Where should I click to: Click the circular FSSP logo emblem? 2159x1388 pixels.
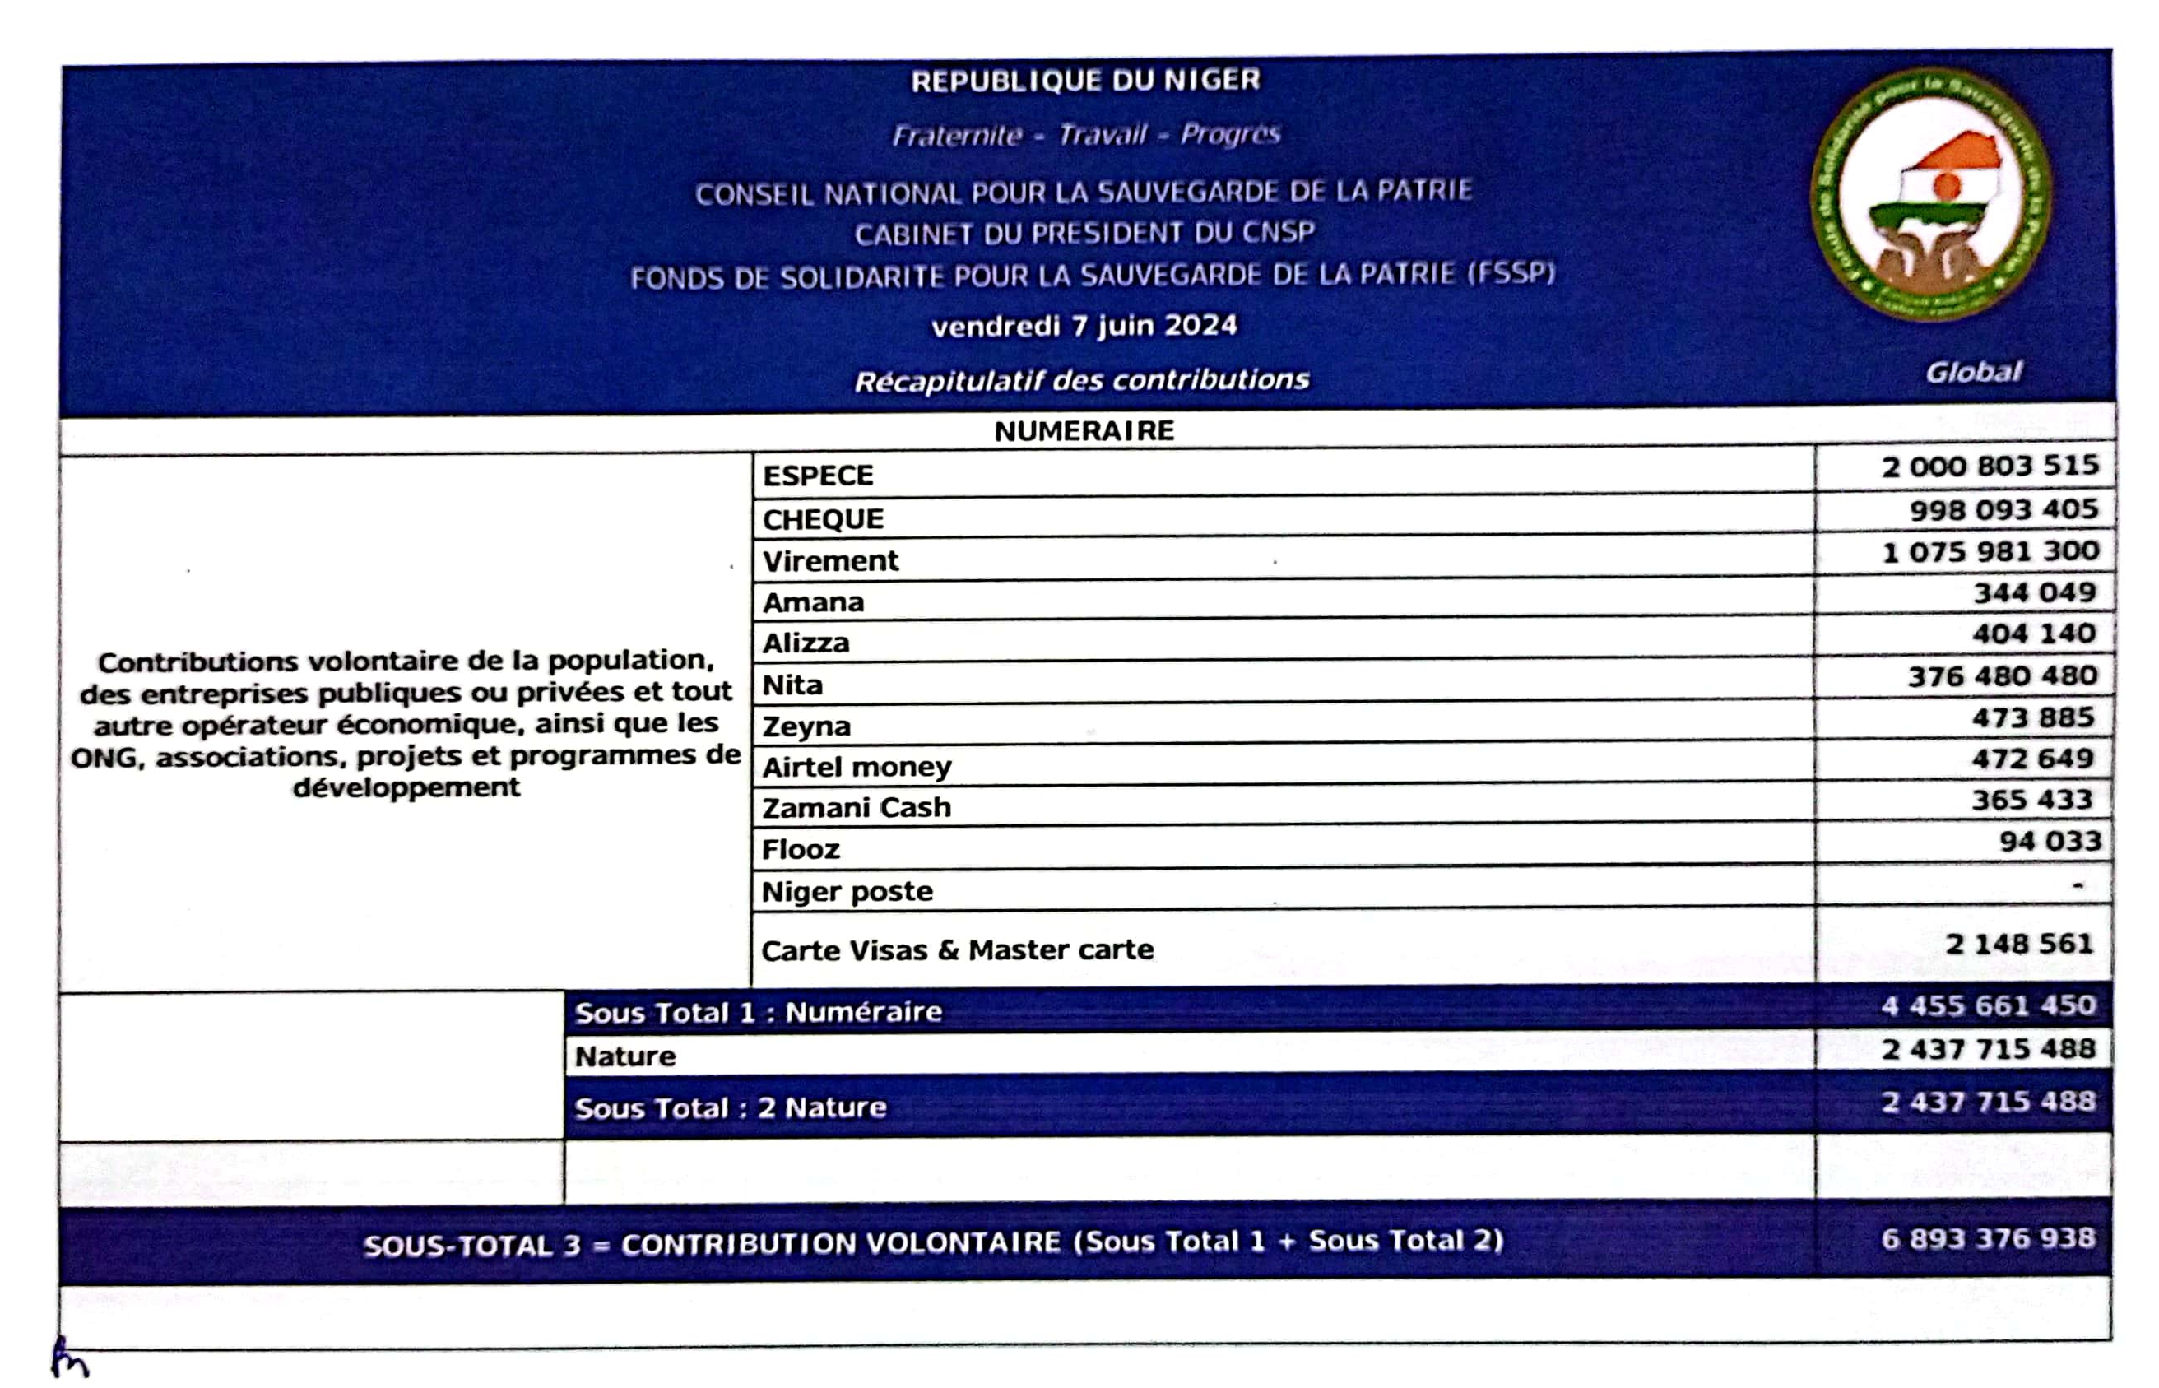(1930, 195)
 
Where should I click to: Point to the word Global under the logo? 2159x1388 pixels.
(1973, 372)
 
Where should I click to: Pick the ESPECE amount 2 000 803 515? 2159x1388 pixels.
(1990, 466)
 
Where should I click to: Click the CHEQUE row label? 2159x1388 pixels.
(823, 519)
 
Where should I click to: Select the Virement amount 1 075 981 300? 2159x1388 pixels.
(1990, 550)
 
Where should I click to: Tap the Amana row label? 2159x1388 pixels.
(813, 602)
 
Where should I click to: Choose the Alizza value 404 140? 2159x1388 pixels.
(2033, 634)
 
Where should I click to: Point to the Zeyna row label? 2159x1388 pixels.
(806, 726)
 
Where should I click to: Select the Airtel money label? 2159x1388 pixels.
(856, 767)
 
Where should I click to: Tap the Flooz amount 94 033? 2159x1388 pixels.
(2049, 841)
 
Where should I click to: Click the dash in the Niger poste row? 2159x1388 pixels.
(2078, 885)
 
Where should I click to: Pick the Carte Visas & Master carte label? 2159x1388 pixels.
(957, 950)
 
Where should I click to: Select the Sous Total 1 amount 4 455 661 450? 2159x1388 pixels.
(1988, 1005)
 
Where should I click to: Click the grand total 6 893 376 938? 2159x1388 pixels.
(1988, 1238)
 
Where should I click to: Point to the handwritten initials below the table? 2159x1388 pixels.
(68, 1358)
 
